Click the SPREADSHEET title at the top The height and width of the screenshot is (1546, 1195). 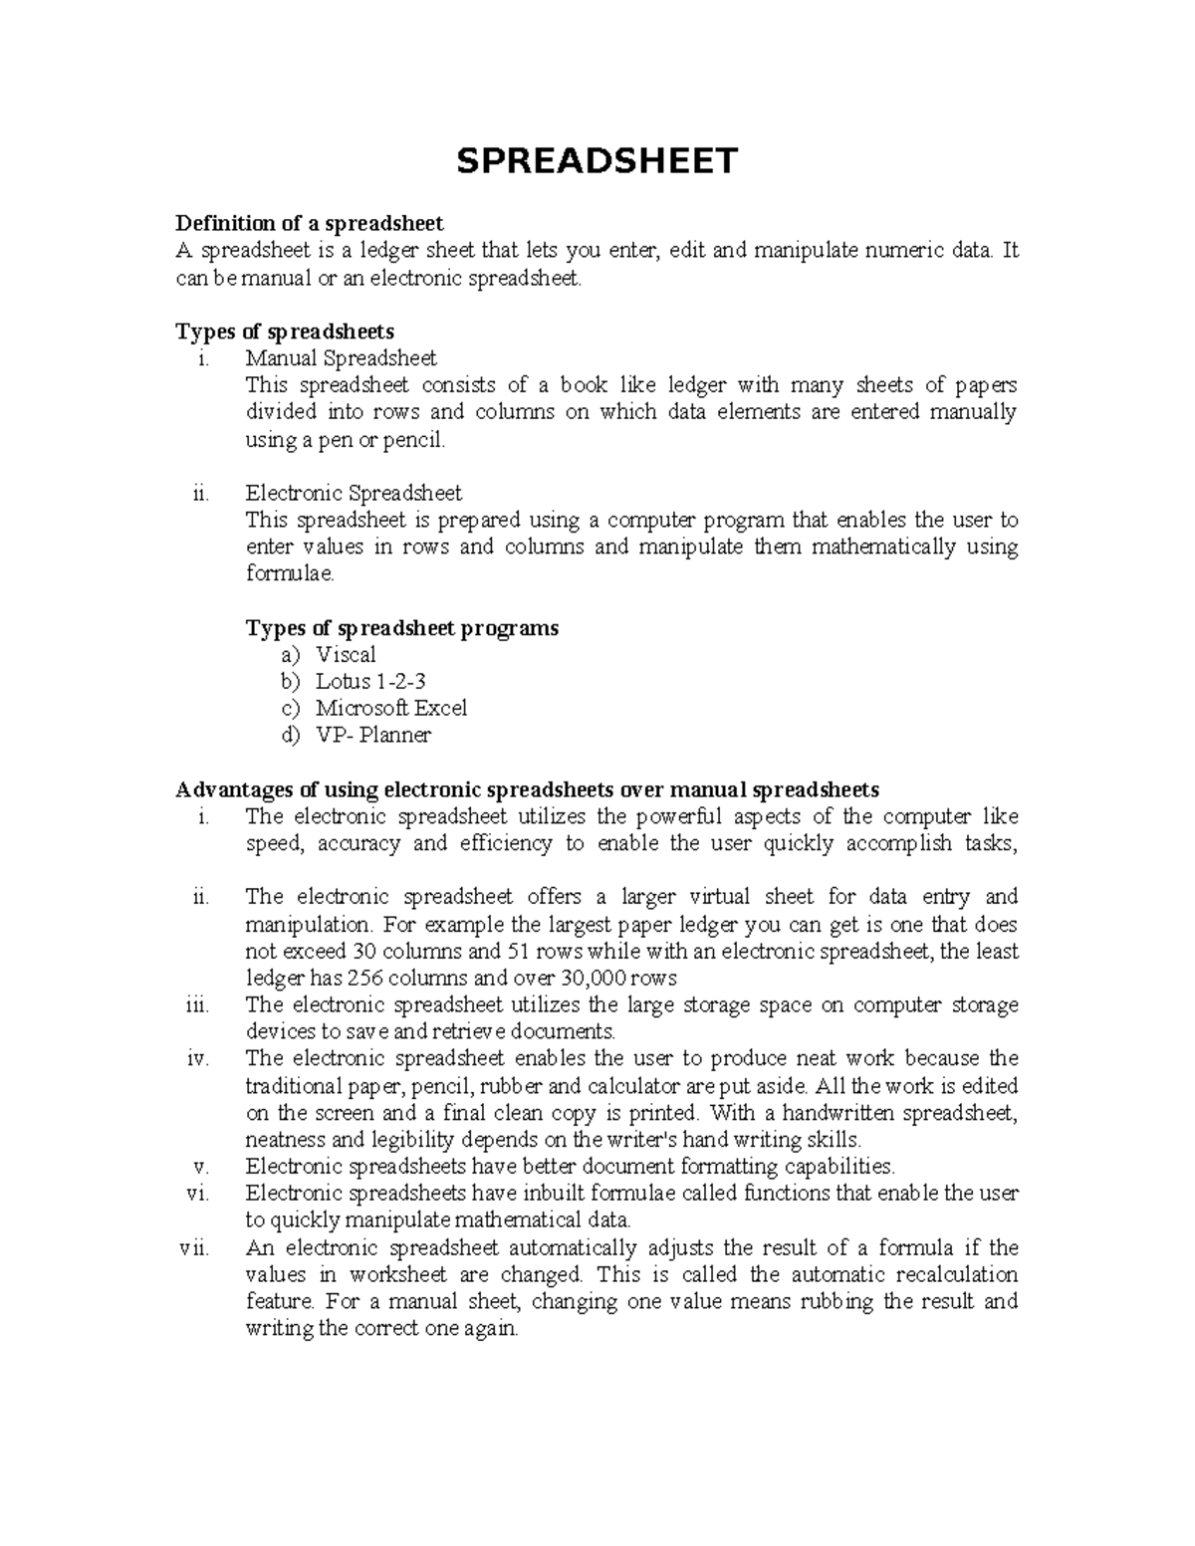[x=597, y=160]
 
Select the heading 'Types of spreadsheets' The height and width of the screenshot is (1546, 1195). [x=285, y=331]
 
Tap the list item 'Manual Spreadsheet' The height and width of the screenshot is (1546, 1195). [x=341, y=357]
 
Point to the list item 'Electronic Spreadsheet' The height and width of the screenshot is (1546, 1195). [x=354, y=493]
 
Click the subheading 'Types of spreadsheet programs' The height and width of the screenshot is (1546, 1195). [x=401, y=628]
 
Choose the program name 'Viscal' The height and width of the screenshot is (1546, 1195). [x=346, y=655]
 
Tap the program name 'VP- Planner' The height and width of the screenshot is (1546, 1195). [x=372, y=736]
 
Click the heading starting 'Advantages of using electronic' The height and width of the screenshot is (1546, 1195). [x=527, y=789]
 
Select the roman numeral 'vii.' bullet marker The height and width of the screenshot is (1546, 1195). [x=194, y=1248]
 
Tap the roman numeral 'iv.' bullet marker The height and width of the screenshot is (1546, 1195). [x=197, y=1058]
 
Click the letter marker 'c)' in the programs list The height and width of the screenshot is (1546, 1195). [x=290, y=709]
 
